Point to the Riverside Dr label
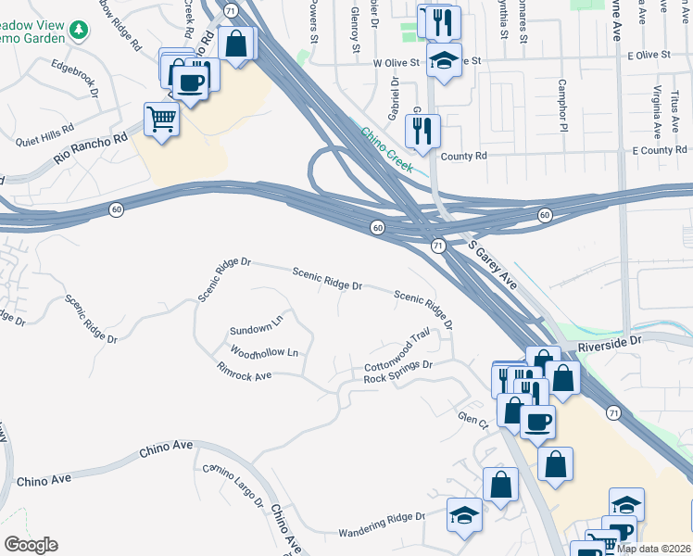click(609, 343)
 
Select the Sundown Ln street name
click(256, 328)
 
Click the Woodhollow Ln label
click(264, 352)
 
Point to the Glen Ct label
click(472, 421)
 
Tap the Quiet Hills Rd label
click(44, 135)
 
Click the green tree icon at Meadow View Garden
click(81, 31)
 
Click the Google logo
click(31, 545)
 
